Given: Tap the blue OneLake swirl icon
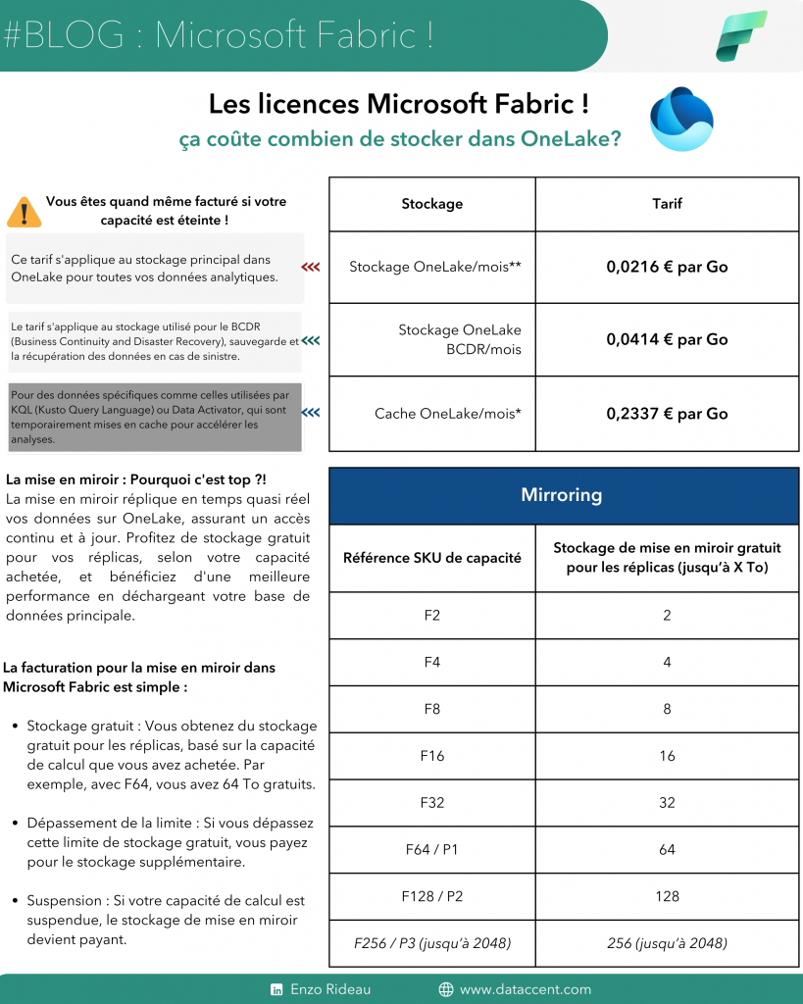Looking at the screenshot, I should (x=681, y=119).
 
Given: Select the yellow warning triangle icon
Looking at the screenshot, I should (x=23, y=211).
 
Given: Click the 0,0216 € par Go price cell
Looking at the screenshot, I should (x=667, y=267).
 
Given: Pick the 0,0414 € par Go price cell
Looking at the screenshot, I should (x=667, y=339).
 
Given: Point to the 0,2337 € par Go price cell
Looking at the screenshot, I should (x=667, y=414).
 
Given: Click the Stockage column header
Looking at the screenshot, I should (x=431, y=204).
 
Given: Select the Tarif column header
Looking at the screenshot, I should (x=667, y=204).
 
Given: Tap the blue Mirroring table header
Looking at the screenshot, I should (x=563, y=495).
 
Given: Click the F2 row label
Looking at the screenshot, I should (x=431, y=616).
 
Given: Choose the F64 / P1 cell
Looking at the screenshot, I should (x=431, y=849).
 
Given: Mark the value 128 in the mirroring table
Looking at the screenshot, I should (x=667, y=896).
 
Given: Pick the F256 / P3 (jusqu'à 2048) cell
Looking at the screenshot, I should (x=431, y=943).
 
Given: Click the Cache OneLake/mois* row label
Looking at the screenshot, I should (x=447, y=414).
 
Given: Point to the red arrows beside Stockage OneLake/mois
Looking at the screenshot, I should (x=311, y=267).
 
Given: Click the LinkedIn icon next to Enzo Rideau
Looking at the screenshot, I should (x=276, y=989).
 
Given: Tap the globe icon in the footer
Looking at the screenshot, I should (x=446, y=989).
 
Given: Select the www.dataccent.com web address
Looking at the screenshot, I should (x=525, y=989).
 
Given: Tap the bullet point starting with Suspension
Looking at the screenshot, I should (x=167, y=920).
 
